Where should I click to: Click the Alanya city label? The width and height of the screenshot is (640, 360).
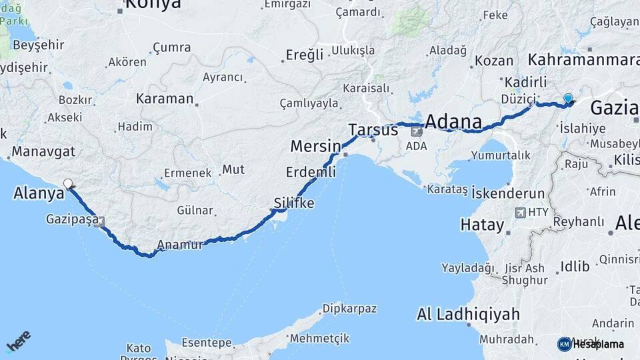[x=39, y=193]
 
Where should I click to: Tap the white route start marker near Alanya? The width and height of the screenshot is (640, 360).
[x=67, y=183]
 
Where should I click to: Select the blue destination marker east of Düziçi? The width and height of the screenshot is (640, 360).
[x=568, y=99]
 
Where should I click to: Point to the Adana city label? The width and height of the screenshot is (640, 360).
[x=453, y=122]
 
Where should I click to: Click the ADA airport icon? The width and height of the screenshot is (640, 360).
[x=417, y=132]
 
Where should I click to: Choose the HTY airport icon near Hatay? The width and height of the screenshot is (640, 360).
[x=520, y=213]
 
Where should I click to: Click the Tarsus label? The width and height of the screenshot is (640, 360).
[x=373, y=130]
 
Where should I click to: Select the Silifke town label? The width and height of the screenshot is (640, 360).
[x=294, y=203]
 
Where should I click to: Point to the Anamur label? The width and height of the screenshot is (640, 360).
[x=180, y=245]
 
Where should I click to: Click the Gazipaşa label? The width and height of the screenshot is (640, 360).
[x=73, y=219]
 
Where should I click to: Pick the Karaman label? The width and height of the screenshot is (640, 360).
[x=164, y=99]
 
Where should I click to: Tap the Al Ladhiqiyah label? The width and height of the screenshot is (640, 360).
[x=465, y=313]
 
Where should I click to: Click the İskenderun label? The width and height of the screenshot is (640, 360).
[x=508, y=193]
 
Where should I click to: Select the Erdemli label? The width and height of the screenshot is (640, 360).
[x=311, y=172]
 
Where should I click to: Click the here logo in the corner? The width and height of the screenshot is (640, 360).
[x=19, y=343]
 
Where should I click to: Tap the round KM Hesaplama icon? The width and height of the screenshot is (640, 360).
[x=564, y=344]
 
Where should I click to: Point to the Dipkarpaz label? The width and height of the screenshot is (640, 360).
[x=349, y=309]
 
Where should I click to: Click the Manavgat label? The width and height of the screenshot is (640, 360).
[x=43, y=151]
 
